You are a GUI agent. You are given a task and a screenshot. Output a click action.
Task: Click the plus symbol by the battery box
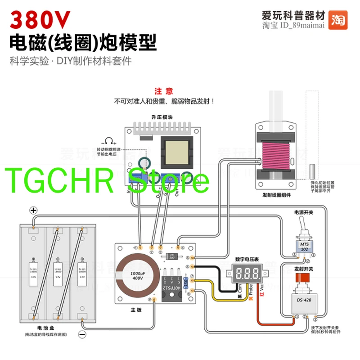[x=32, y=210]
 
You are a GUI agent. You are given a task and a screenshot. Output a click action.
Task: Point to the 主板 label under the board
[x=136, y=309]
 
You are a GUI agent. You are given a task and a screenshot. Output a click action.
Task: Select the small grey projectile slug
[x=312, y=171]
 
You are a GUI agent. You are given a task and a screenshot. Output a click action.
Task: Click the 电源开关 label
[x=303, y=211]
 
